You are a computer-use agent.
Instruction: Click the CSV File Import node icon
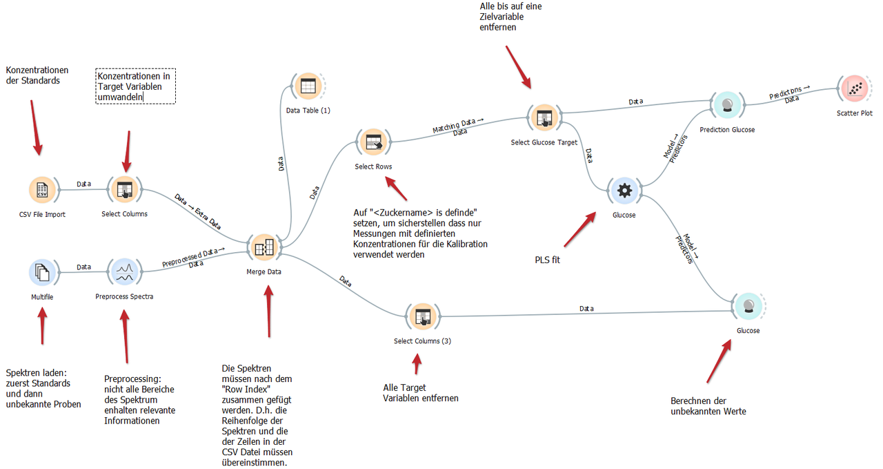point(42,191)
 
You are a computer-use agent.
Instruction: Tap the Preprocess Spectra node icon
point(124,272)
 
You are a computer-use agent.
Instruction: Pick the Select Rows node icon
point(373,142)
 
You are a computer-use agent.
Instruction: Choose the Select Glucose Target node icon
point(543,118)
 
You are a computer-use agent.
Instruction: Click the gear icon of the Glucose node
point(624,191)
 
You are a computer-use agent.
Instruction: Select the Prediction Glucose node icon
point(726,105)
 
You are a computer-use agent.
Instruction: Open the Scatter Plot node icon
point(855,89)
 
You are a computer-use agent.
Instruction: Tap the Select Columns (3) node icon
point(421,316)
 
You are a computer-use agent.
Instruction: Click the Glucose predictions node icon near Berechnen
point(748,307)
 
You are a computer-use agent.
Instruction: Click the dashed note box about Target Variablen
point(135,86)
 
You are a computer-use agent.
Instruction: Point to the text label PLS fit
point(548,260)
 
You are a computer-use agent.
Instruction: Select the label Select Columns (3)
point(422,341)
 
